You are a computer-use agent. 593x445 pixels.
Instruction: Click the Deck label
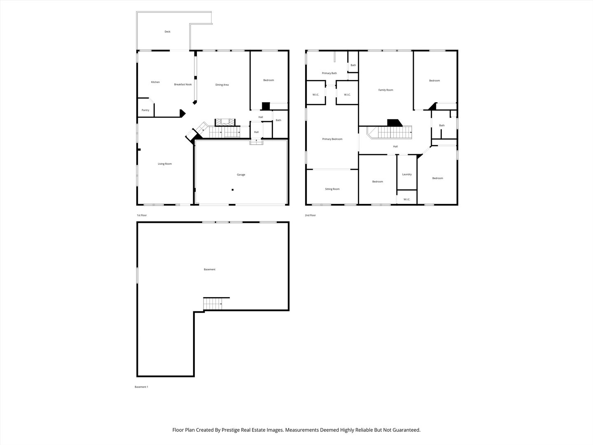(167, 32)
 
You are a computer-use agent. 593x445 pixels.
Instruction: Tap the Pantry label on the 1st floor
(145, 110)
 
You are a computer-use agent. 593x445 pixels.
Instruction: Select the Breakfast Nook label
(183, 84)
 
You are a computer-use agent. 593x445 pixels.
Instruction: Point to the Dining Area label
(222, 85)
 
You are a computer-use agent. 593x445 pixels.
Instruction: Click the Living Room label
(165, 164)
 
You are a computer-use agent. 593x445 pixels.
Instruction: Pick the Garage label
(241, 175)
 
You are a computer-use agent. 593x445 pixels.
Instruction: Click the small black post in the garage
(233, 190)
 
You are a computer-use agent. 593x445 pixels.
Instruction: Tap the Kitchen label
(155, 82)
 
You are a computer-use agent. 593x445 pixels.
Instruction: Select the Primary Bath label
(329, 73)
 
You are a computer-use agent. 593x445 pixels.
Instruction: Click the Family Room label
(386, 90)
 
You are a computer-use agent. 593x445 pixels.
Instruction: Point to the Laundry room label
(407, 174)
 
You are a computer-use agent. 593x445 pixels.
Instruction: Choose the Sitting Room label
(332, 189)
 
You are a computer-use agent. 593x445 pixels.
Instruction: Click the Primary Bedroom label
(332, 139)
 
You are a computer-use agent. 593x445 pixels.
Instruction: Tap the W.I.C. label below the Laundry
(407, 199)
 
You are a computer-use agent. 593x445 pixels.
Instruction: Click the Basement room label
(210, 269)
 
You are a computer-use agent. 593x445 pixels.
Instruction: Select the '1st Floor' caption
(142, 215)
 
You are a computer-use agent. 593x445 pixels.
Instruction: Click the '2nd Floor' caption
(310, 215)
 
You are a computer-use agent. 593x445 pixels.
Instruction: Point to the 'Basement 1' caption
(141, 387)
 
